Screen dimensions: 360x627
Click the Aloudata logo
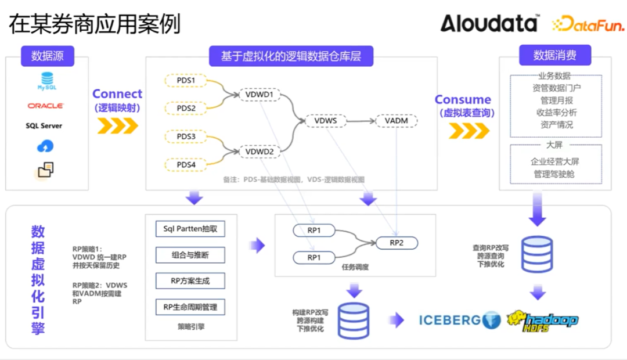(489, 24)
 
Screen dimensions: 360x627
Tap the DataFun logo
(588, 24)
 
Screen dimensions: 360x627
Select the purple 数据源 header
(48, 56)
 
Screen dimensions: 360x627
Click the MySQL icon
(46, 81)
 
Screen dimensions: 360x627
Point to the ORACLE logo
(46, 106)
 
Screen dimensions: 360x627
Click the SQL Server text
(44, 125)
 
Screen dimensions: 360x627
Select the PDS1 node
(186, 80)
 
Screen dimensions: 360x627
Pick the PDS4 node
(186, 165)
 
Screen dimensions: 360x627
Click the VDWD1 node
(260, 94)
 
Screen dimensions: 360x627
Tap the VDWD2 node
(260, 152)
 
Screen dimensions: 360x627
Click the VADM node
(397, 121)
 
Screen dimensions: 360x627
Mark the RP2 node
(397, 243)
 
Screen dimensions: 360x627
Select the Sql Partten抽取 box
(190, 229)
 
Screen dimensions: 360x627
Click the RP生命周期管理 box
(190, 307)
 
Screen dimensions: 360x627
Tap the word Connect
(117, 94)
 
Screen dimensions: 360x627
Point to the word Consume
(463, 100)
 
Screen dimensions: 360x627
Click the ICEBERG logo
(459, 319)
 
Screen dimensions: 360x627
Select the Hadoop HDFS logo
(542, 320)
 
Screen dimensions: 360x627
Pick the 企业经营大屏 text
(554, 161)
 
